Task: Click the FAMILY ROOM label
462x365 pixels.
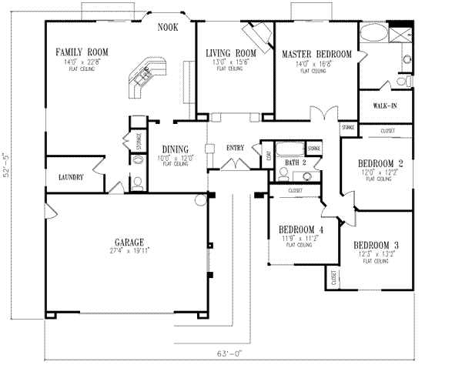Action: pos(81,52)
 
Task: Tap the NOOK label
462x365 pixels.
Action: pos(168,27)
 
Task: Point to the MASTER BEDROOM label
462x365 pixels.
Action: pos(316,54)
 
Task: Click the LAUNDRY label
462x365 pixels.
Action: pos(70,178)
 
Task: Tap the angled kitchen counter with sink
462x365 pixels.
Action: pos(143,77)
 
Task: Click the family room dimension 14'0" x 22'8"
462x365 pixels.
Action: pos(81,61)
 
